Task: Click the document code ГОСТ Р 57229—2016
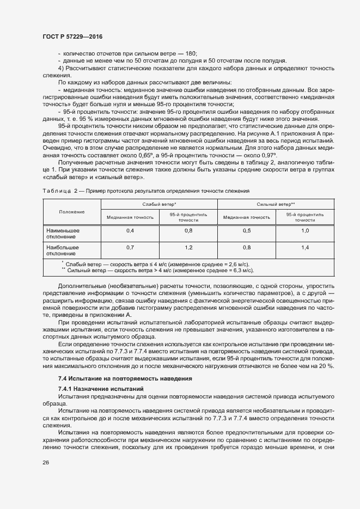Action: point(72,36)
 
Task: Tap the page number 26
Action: point(45,462)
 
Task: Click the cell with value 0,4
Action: point(130,231)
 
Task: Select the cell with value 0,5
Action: point(246,231)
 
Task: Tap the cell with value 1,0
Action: point(305,231)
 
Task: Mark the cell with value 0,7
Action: point(130,248)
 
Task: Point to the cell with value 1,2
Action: point(188,248)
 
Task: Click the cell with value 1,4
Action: point(305,248)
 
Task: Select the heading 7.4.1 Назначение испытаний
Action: point(101,389)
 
